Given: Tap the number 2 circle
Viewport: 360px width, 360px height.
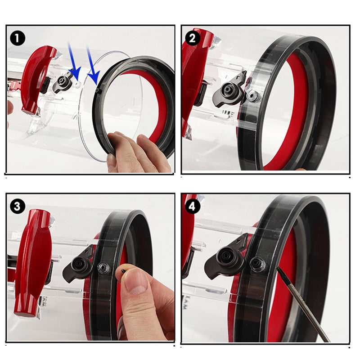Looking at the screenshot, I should click(192, 38).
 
